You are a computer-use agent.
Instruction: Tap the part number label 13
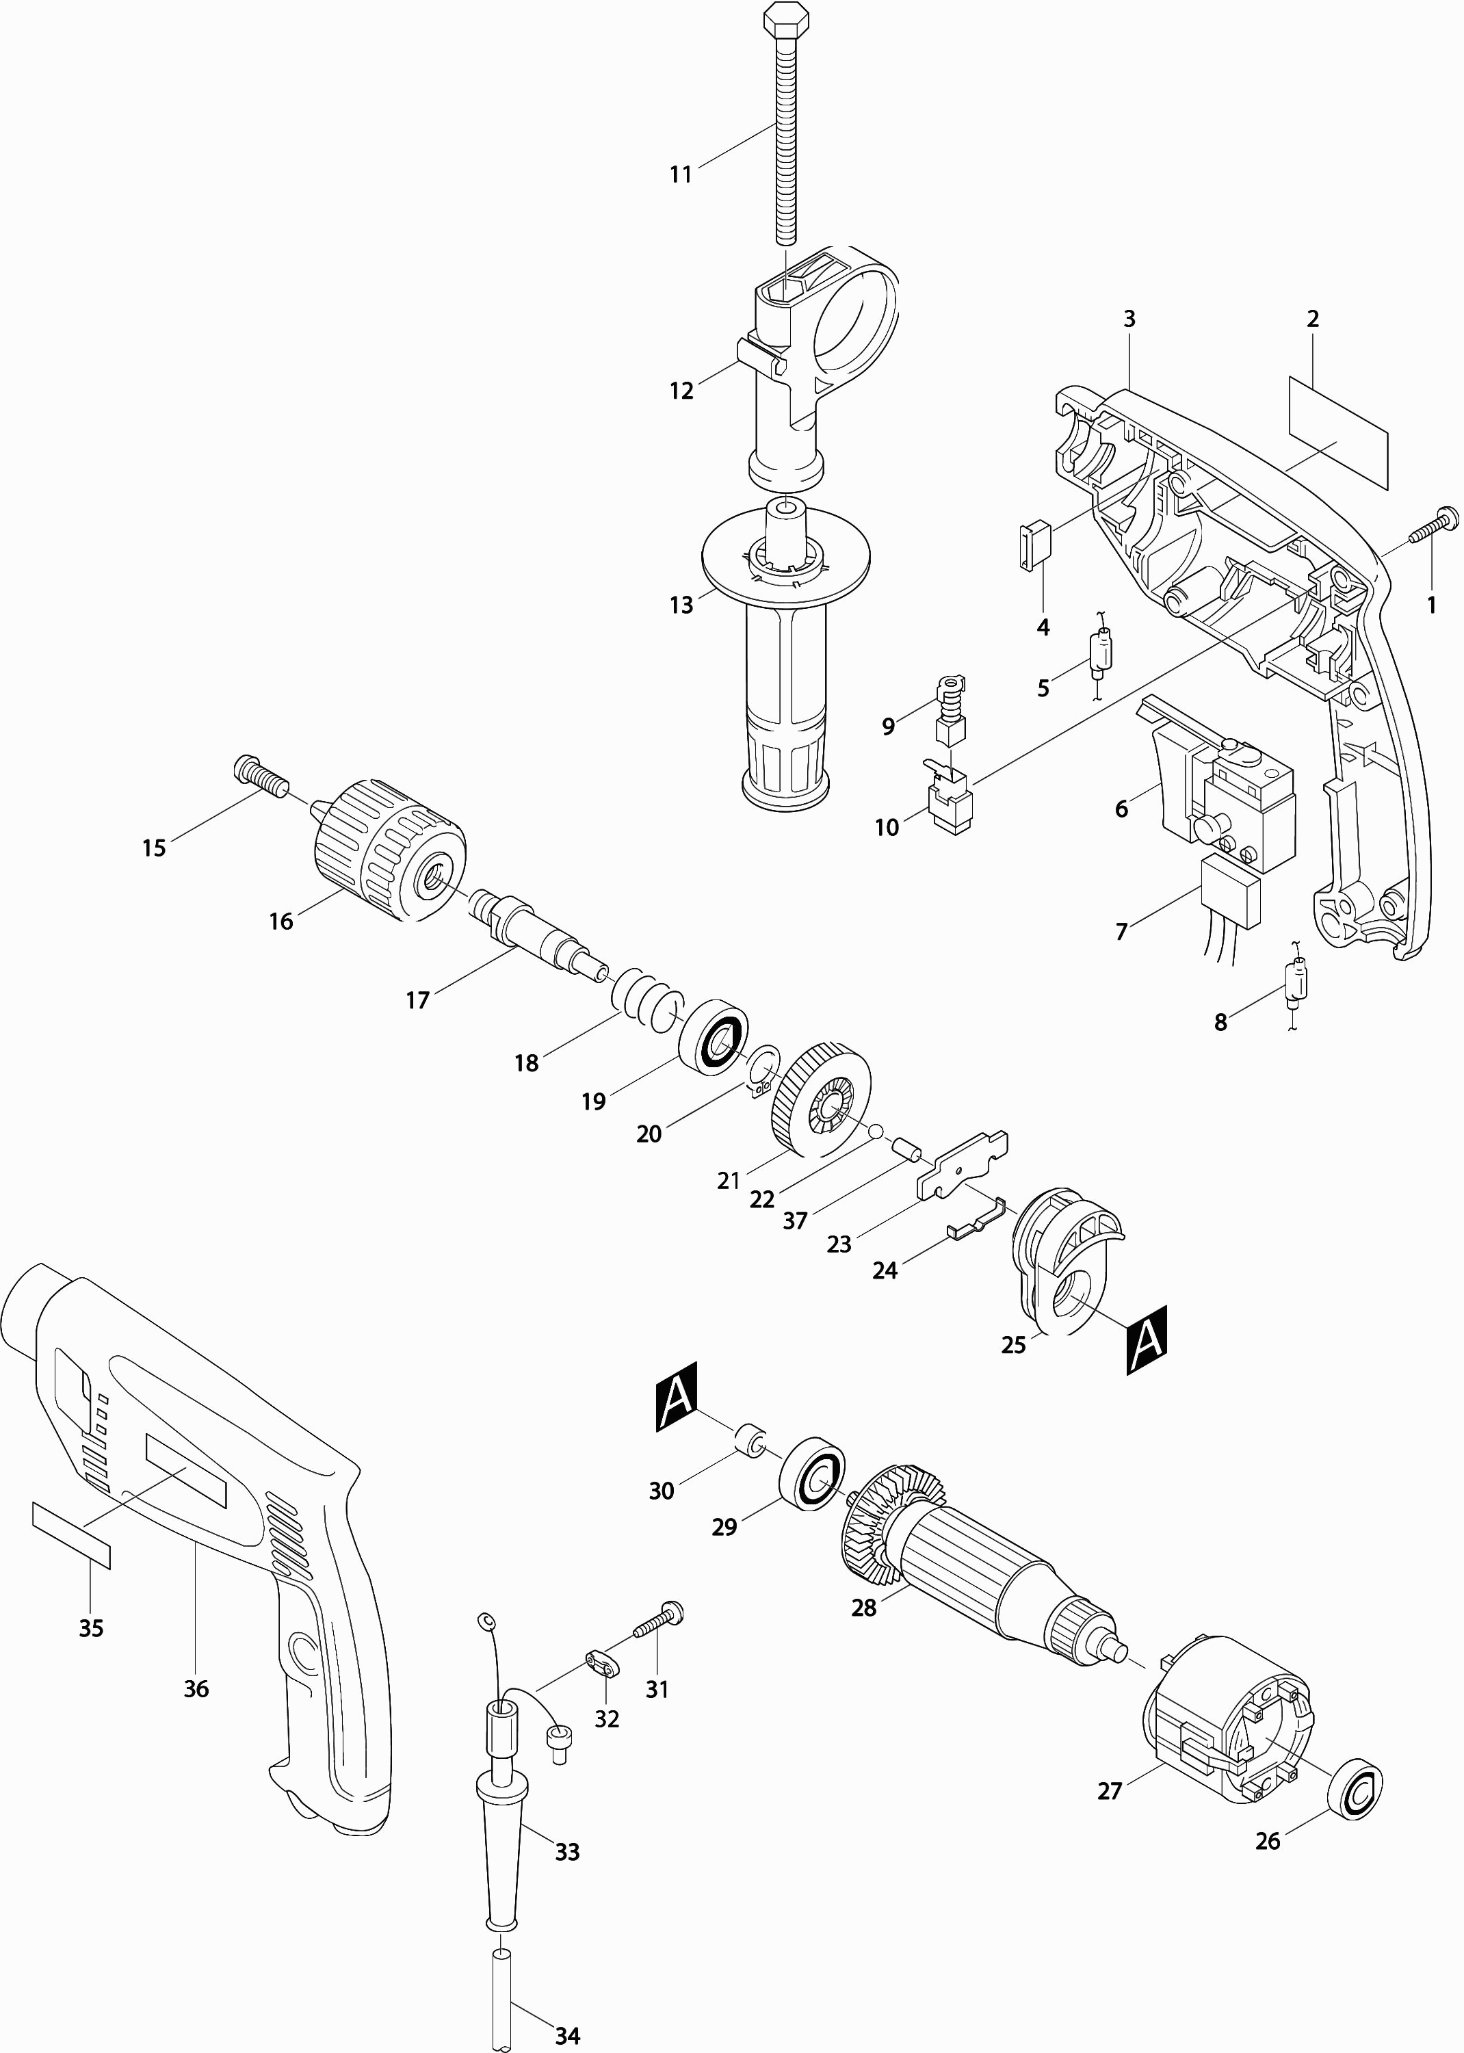(681, 605)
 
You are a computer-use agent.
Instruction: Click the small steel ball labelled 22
(874, 1131)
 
